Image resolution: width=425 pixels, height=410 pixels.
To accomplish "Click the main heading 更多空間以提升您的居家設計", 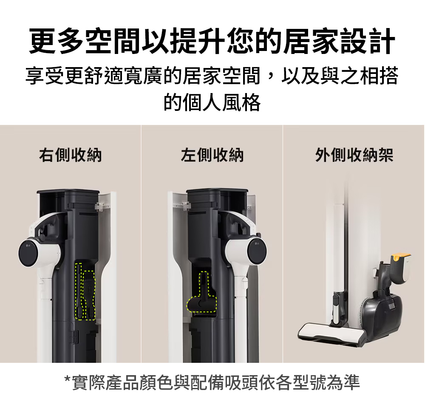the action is pyautogui.click(x=212, y=41).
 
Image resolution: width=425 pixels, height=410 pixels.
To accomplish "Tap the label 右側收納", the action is pyautogui.click(x=71, y=155).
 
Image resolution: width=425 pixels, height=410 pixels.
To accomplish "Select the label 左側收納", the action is pyautogui.click(x=212, y=155).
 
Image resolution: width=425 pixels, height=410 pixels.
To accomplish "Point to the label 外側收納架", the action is pyautogui.click(x=354, y=155).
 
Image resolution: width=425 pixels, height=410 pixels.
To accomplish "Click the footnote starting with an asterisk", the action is pyautogui.click(x=212, y=382).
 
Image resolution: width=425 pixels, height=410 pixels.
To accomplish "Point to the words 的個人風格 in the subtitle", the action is pyautogui.click(x=212, y=102).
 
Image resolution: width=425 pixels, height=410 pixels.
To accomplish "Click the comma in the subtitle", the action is pyautogui.click(x=271, y=79).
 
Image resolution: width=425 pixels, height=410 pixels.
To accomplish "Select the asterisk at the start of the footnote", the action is pyautogui.click(x=67, y=378).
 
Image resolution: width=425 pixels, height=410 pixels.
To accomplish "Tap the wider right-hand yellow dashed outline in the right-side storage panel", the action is pyautogui.click(x=89, y=295).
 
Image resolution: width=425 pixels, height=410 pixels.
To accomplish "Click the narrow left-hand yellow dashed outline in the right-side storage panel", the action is pyautogui.click(x=79, y=291).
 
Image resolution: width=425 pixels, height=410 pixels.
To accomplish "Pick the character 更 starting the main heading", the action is pyautogui.click(x=43, y=41).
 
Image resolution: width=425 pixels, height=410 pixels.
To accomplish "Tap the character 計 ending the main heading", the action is pyautogui.click(x=382, y=41).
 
